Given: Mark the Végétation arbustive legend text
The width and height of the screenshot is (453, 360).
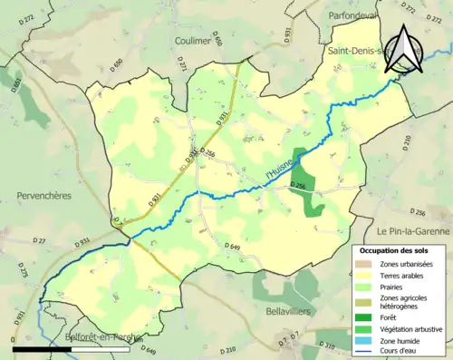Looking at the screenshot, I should pos(413,328).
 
